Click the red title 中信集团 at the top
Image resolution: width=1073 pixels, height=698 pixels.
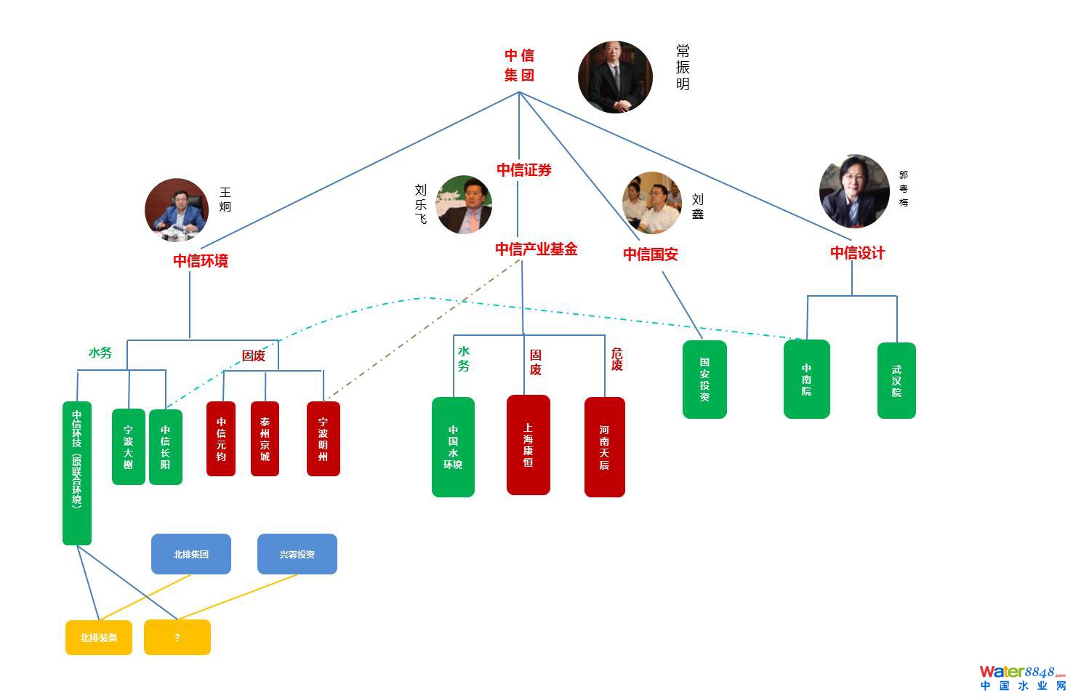pos(519,65)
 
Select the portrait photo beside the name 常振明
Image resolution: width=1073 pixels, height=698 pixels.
pos(615,77)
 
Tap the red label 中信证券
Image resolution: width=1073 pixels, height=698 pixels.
pos(524,170)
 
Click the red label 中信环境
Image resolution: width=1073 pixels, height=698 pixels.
pos(201,261)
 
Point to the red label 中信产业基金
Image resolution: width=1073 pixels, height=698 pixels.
pos(536,249)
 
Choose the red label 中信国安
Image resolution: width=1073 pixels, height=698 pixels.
pos(651,254)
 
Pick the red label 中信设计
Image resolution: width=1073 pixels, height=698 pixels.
pos(858,253)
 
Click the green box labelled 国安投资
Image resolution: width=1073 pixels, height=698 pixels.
pos(704,380)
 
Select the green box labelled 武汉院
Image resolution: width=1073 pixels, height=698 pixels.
pos(896,380)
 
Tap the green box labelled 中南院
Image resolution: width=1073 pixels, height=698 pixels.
pos(806,379)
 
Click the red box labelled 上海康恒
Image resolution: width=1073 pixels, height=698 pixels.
pos(529,445)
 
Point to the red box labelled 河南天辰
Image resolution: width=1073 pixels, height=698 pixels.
pos(604,447)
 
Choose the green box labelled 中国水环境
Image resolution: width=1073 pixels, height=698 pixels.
pos(453,447)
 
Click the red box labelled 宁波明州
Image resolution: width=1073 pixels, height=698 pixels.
pos(323,439)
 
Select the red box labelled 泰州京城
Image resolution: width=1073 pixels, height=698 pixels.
pos(265,439)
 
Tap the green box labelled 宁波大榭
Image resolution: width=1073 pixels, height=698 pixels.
pos(128,446)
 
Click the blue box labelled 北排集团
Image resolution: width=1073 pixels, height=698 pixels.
pos(191,554)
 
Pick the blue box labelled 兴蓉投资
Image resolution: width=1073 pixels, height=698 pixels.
pos(297,554)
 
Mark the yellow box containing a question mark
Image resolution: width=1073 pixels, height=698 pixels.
pos(177,638)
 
